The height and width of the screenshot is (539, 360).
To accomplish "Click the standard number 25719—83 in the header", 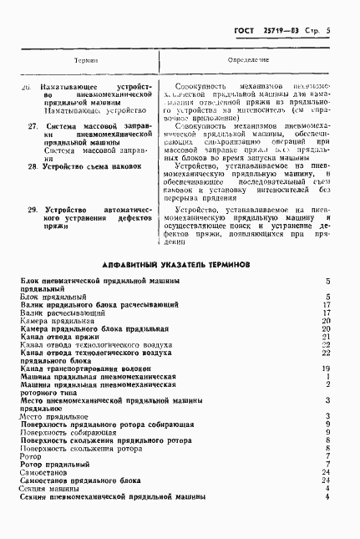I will [x=281, y=31].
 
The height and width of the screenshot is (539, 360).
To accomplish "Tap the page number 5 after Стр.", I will [x=329, y=31].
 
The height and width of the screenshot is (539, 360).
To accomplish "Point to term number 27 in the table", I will [x=33, y=126].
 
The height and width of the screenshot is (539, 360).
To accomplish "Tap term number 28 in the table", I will [x=33, y=166].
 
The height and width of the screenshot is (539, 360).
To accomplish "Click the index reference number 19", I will [x=327, y=367].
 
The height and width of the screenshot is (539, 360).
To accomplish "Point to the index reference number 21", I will [x=327, y=335].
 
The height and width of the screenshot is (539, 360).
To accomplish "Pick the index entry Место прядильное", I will [x=52, y=415].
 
